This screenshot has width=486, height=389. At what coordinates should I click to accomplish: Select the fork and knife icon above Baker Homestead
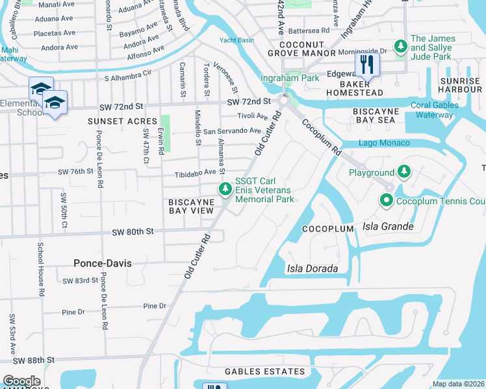[x=367, y=64]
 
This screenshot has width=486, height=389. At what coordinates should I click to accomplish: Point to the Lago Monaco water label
[x=384, y=143]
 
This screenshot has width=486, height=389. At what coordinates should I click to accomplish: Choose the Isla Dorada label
[x=313, y=268]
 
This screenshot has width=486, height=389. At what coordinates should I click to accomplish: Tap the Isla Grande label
[x=389, y=226]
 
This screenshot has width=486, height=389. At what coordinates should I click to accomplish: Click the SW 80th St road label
[x=133, y=231]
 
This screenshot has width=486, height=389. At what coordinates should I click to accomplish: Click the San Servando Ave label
[x=232, y=131]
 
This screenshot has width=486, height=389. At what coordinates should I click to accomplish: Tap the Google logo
[x=21, y=381]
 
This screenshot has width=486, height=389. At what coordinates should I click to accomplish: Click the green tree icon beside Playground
[x=404, y=172]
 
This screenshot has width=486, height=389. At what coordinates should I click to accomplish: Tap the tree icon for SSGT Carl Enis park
[x=225, y=189]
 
